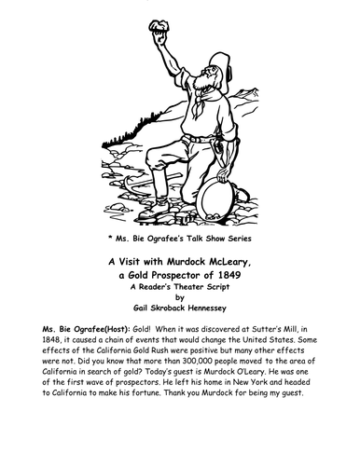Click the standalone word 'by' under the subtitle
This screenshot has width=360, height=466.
pos(179,301)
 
